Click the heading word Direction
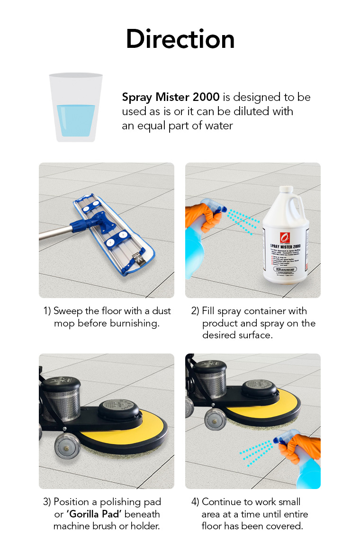[180, 39]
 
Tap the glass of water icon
[76, 108]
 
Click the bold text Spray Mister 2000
[171, 98]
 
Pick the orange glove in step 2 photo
[201, 216]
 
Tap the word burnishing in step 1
[136, 324]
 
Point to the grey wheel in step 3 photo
[66, 447]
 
